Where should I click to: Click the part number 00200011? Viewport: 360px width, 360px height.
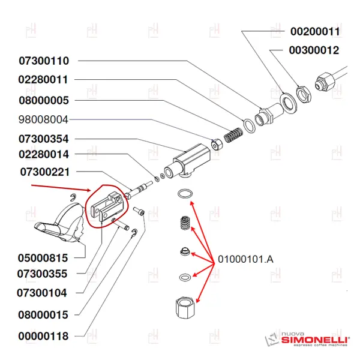(x=315, y=31)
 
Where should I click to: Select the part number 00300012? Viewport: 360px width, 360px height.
(x=314, y=50)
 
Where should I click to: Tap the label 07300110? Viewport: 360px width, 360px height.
(x=44, y=61)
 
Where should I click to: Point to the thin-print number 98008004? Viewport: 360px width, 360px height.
(x=43, y=119)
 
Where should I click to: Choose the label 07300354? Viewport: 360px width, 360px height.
(x=44, y=139)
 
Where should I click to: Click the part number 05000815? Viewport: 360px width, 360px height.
(x=43, y=258)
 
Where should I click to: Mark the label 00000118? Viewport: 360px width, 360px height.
(x=43, y=336)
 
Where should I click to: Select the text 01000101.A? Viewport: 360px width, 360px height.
(x=245, y=259)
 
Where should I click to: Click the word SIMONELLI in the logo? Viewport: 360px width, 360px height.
(x=314, y=340)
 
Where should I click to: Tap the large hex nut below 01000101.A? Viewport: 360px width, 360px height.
(x=185, y=307)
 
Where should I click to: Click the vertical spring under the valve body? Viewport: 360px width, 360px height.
(x=185, y=223)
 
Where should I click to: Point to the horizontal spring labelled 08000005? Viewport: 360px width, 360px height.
(x=233, y=135)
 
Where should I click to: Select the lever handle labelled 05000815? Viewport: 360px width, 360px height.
(x=60, y=223)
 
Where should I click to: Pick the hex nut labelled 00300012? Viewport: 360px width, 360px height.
(x=304, y=94)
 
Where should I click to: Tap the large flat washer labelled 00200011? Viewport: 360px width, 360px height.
(x=289, y=103)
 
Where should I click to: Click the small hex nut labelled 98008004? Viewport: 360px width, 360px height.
(x=217, y=145)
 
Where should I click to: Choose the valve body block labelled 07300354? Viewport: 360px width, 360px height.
(x=187, y=161)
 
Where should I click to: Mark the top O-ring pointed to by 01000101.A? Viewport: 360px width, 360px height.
(x=185, y=194)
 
